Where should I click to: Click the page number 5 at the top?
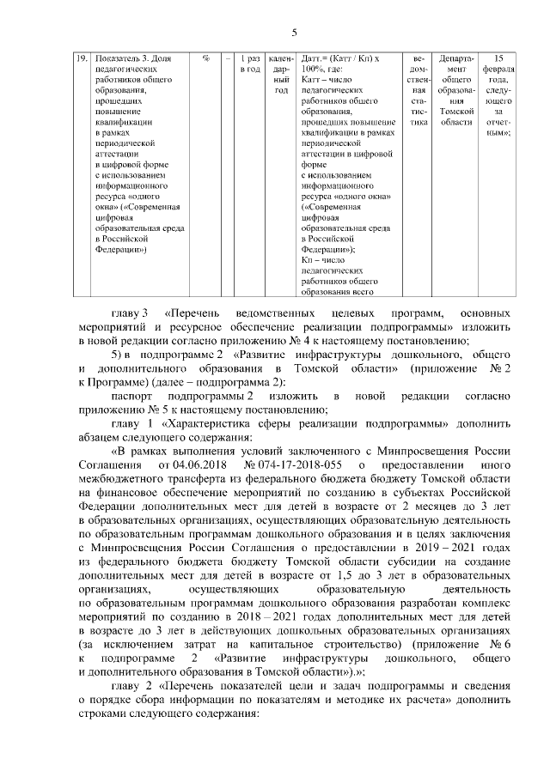point(293,33)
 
